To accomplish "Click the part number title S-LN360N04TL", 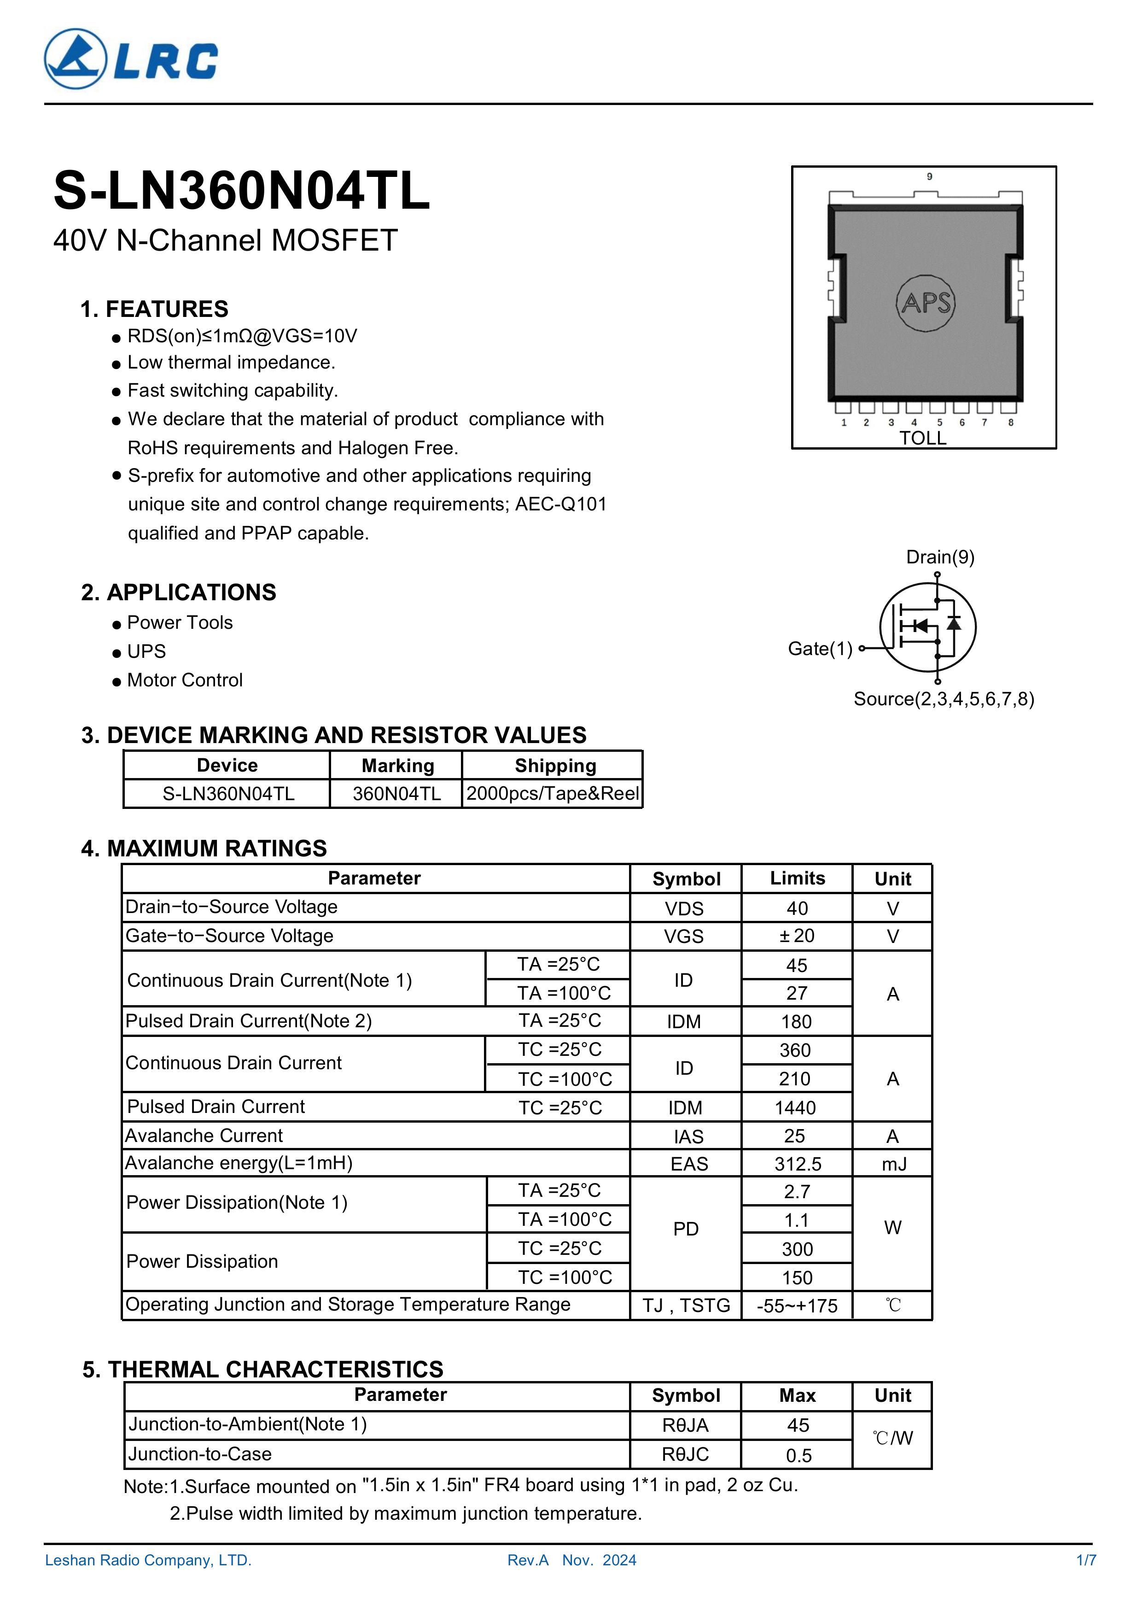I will [x=241, y=192].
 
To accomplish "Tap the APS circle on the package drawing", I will [x=926, y=303].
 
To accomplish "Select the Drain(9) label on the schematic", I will [x=940, y=557].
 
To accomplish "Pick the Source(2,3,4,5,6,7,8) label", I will [x=944, y=699].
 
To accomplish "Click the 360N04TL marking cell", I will [x=396, y=794].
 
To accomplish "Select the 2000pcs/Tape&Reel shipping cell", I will [x=553, y=794].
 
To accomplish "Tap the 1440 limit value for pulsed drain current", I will [x=795, y=1108].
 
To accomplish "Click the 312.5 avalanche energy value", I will [x=797, y=1164].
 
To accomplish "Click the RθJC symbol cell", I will [x=685, y=1454].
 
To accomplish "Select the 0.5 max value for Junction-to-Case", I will [x=798, y=1455].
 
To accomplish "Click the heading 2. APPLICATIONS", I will [x=179, y=592].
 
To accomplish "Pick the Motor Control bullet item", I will [x=184, y=680].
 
